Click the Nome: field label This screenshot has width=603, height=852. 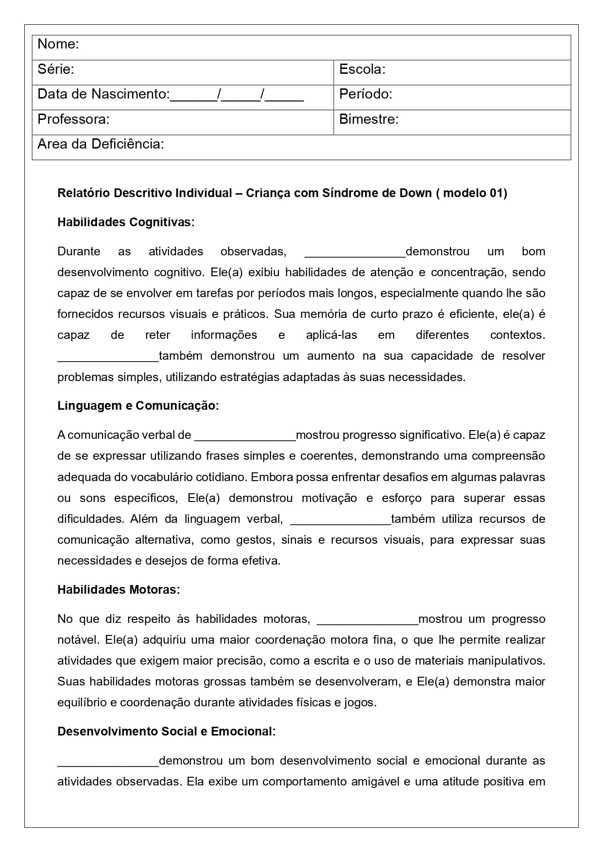coord(58,44)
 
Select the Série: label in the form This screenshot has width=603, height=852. coord(55,69)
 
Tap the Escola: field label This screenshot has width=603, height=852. coord(362,69)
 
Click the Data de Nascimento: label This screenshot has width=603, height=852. coord(103,94)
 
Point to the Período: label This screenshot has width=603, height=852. coord(365,94)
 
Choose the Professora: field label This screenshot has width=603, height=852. coord(73,119)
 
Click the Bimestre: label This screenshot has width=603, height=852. coord(368,119)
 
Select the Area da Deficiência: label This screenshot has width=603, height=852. coord(101,144)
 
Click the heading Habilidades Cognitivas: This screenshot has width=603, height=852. coord(126,222)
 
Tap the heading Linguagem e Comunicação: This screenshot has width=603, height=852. coord(138,406)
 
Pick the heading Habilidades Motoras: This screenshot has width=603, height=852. coord(119,590)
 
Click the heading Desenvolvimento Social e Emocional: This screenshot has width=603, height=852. coord(166,732)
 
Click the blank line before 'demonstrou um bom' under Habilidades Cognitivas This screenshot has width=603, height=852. coord(355,252)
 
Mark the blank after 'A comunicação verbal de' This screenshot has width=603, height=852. coord(245,436)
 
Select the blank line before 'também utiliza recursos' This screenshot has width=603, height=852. coord(340,520)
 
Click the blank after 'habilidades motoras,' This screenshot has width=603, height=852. coord(367,620)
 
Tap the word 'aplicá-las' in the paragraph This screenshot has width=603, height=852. coord(331,335)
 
